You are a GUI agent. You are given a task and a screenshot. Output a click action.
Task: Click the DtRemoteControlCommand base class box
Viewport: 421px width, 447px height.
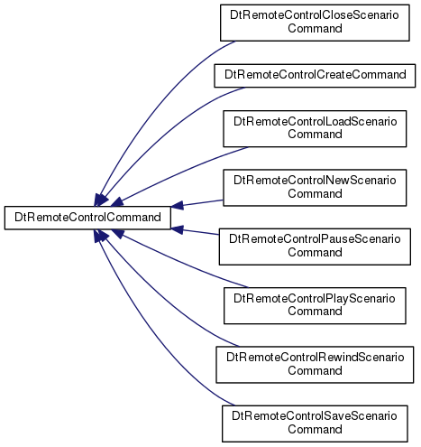pos(87,218)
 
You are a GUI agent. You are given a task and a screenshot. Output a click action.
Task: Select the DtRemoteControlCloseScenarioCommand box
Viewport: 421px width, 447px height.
pos(315,23)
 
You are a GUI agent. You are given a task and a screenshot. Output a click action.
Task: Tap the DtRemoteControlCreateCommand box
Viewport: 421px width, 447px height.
pos(315,76)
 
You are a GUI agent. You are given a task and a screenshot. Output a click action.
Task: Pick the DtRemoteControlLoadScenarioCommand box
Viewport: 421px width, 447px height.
pos(315,129)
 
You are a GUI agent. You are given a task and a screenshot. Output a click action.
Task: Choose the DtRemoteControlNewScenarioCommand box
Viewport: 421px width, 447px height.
pos(315,188)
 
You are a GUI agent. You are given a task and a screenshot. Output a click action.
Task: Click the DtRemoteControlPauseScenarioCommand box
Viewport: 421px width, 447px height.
pos(315,247)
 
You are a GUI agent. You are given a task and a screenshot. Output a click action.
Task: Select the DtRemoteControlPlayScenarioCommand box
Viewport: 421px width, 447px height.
pos(315,306)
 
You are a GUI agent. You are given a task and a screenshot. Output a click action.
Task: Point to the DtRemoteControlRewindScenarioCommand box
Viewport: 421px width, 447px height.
pos(315,365)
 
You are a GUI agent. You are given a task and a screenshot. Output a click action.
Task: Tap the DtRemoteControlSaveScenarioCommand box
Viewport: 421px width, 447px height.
pos(315,424)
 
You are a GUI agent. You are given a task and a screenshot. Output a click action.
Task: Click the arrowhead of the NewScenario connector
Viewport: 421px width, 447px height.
pos(177,206)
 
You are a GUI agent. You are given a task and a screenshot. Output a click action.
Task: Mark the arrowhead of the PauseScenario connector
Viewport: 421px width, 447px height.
pos(177,229)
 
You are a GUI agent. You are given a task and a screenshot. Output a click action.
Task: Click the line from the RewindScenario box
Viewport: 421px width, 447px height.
pos(169,301)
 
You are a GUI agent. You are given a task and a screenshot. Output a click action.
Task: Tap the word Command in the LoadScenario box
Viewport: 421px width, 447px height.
pos(315,135)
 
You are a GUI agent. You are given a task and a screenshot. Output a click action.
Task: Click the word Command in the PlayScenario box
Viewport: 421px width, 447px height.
pos(315,312)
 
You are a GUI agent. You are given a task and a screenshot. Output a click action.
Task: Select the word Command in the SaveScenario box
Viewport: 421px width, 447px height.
pos(315,429)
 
